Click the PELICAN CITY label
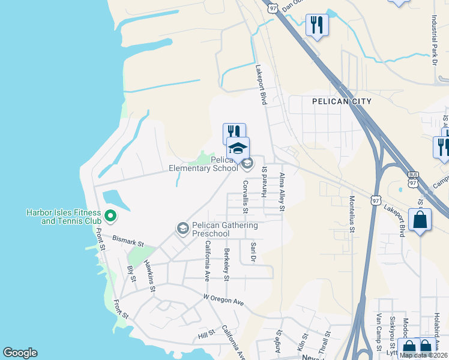click(x=342, y=102)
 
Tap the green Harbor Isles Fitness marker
click(x=110, y=215)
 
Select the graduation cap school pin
click(x=238, y=148)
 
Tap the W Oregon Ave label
click(x=223, y=299)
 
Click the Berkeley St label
click(x=226, y=265)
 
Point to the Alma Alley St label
click(x=282, y=192)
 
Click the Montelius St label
click(x=352, y=214)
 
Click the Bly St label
click(x=131, y=274)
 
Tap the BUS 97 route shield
click(x=412, y=177)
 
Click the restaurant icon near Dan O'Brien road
click(x=317, y=25)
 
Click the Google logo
click(x=20, y=353)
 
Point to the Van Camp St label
click(x=378, y=331)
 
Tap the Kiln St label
click(x=301, y=344)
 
